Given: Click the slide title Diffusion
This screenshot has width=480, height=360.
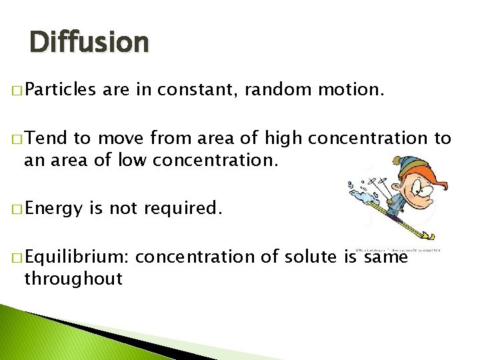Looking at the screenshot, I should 89,43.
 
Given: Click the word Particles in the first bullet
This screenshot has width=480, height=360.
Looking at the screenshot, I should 61,89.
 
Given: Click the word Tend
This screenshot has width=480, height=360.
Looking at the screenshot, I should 47,138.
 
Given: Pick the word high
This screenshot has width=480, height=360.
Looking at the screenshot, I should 283,138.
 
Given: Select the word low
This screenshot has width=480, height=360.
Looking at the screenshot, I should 134,160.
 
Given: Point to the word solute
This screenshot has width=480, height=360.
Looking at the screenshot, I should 308,257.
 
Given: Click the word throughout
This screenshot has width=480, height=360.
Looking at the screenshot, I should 73,279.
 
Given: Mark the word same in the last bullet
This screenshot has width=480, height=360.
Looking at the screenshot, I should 386,257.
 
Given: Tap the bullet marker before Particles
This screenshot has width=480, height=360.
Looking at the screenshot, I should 15,89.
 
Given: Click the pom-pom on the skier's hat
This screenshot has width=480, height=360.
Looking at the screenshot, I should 397,162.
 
